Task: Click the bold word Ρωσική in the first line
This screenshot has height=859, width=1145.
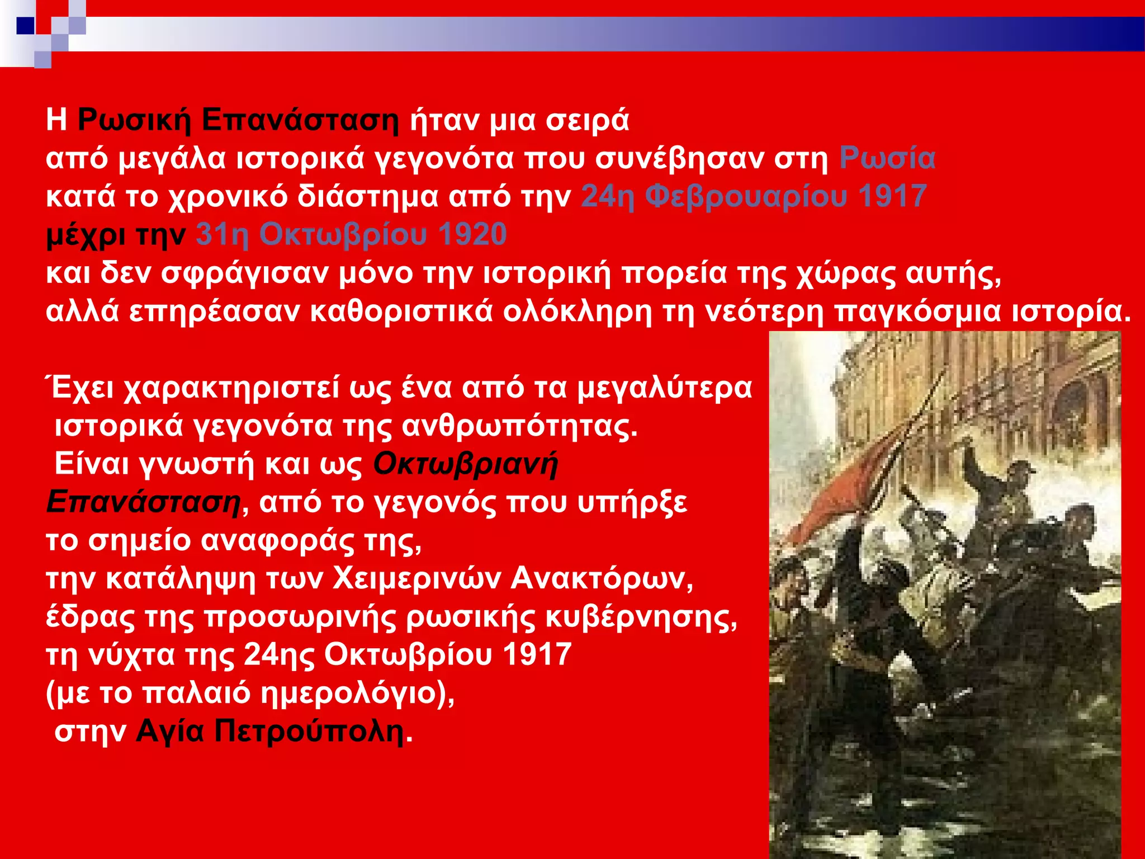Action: (134, 120)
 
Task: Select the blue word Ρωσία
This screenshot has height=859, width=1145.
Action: (887, 158)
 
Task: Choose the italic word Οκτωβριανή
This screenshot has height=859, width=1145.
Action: (465, 464)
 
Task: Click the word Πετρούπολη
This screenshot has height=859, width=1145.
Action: (310, 731)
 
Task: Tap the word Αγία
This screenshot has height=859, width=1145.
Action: (170, 731)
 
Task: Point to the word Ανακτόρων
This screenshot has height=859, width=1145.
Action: (602, 578)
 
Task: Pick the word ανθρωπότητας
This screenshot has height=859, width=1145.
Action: (520, 427)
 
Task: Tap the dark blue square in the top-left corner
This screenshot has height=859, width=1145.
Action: (25, 26)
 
